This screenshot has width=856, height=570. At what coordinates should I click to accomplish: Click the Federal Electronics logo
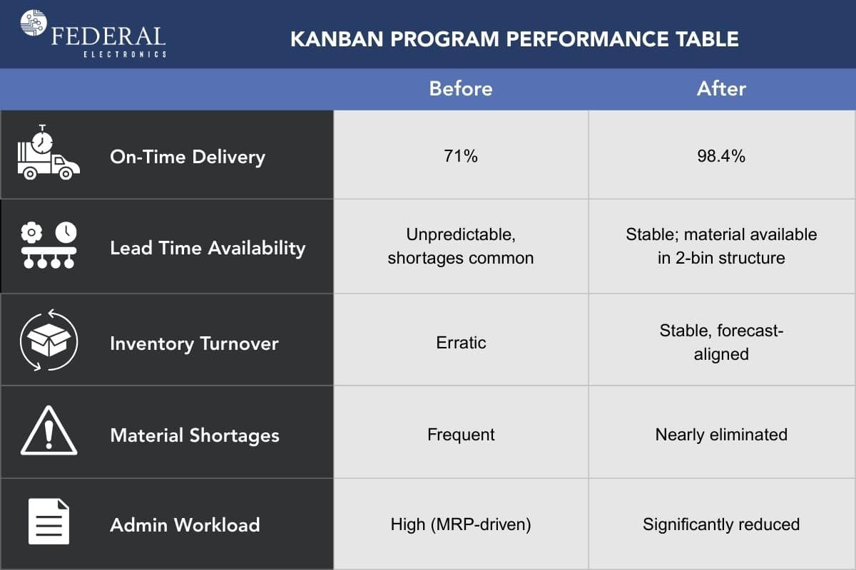point(93,33)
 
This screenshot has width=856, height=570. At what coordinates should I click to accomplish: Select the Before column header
point(460,89)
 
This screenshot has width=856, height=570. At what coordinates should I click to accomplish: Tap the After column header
point(721,89)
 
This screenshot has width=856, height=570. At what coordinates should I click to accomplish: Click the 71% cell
point(460,156)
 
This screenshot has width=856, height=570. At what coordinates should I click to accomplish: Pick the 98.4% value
point(721,156)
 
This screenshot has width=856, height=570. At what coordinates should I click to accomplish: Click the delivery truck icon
point(48,154)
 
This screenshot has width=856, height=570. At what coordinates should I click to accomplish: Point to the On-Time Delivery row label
point(187,157)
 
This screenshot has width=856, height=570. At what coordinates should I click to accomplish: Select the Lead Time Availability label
point(207,248)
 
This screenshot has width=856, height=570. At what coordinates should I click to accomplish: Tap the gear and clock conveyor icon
point(48,246)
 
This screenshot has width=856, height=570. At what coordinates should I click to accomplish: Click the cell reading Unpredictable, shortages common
point(460,247)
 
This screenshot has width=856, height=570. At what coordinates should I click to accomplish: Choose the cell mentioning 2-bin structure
point(721,247)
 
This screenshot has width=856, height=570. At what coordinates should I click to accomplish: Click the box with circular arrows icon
point(48,340)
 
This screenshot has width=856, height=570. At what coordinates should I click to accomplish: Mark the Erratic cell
point(461,343)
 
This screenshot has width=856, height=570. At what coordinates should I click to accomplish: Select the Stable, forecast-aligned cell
point(721,342)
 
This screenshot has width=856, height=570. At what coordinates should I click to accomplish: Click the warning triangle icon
point(48,432)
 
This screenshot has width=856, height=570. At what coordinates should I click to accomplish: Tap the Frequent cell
point(461,435)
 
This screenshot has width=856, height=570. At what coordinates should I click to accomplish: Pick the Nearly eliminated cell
point(721,435)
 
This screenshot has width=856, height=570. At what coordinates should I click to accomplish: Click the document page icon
point(48,522)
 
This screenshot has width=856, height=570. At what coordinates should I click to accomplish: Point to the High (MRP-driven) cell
point(460,525)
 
